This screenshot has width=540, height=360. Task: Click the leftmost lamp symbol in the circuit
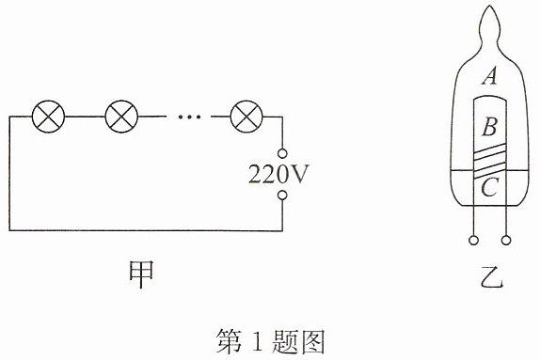coord(48,117)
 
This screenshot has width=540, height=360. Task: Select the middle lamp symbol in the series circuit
coord(121,117)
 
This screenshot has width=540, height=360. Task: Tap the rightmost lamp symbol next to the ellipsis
coord(246,117)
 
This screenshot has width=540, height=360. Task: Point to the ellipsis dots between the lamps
coord(189,117)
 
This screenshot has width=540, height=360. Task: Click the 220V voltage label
coord(278,175)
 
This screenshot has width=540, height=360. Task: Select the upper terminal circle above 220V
coord(282,153)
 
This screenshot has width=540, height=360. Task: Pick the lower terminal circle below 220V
coord(282,196)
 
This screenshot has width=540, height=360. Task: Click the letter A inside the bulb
coord(490,76)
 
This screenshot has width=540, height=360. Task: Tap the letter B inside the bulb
coord(490,126)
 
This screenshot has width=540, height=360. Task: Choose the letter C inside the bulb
coord(490,187)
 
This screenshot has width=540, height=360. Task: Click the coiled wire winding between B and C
coord(490,161)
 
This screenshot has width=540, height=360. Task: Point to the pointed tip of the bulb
coord(489,7)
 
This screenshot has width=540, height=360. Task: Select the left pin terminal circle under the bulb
coord(473,241)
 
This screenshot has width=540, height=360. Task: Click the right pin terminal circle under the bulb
coord(506,241)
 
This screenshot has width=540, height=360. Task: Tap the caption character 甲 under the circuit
coord(141,274)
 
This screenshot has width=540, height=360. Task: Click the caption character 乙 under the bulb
coord(492,276)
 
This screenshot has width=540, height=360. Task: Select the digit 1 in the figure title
coord(257,341)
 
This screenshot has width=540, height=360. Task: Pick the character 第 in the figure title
coord(229,340)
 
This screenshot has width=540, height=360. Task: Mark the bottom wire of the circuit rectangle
coord(146,230)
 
